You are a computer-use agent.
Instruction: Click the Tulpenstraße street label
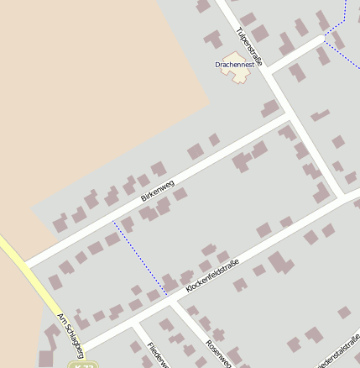tap(250, 46)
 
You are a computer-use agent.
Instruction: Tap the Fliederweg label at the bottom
tap(157, 355)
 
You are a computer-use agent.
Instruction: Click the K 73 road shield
tap(82, 365)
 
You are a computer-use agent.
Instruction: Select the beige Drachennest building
tap(237, 72)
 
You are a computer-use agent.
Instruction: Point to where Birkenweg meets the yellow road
tap(28, 266)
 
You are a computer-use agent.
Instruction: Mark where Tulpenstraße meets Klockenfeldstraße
tap(337, 199)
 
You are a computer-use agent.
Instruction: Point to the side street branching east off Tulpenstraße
tap(298, 53)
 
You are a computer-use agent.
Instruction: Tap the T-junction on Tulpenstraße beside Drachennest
tap(267, 71)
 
